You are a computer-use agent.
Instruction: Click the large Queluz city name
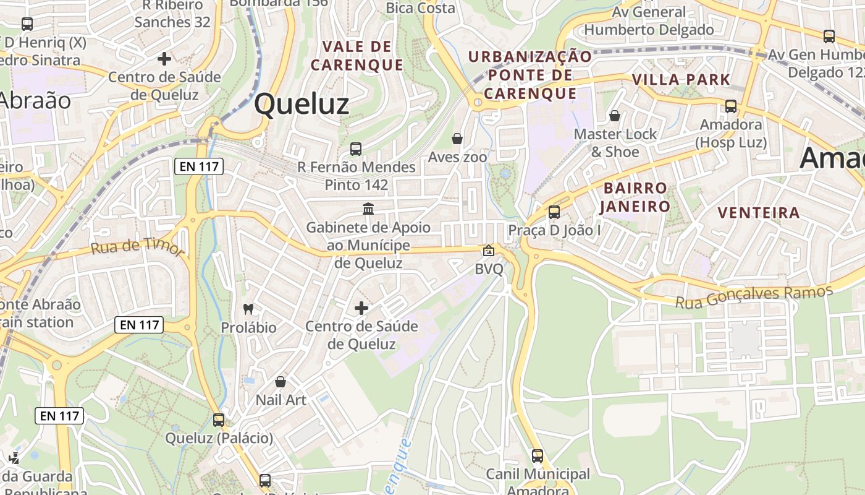click(x=302, y=104)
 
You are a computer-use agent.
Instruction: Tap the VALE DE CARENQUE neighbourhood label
click(x=357, y=56)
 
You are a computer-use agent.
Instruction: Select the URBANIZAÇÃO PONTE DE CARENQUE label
click(x=530, y=75)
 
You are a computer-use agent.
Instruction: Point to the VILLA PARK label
click(x=681, y=79)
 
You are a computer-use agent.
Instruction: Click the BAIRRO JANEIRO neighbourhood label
click(x=635, y=197)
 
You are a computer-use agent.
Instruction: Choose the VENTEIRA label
click(x=759, y=213)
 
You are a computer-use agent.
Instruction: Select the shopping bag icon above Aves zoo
click(x=457, y=139)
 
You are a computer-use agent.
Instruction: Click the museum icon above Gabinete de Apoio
click(x=368, y=209)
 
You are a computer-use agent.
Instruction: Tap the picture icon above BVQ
click(x=489, y=251)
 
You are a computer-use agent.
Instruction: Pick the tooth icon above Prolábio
click(x=248, y=308)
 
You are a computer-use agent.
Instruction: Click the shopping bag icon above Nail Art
click(x=281, y=382)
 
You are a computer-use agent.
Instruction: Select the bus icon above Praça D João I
click(x=554, y=212)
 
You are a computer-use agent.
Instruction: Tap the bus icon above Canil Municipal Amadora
click(x=538, y=456)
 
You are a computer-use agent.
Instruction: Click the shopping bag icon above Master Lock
click(x=615, y=116)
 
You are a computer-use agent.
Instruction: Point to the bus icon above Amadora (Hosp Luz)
click(x=731, y=106)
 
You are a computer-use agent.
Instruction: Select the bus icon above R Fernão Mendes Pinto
click(x=356, y=148)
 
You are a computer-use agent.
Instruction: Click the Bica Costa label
click(x=420, y=8)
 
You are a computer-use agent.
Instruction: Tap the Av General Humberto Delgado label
click(x=649, y=21)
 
